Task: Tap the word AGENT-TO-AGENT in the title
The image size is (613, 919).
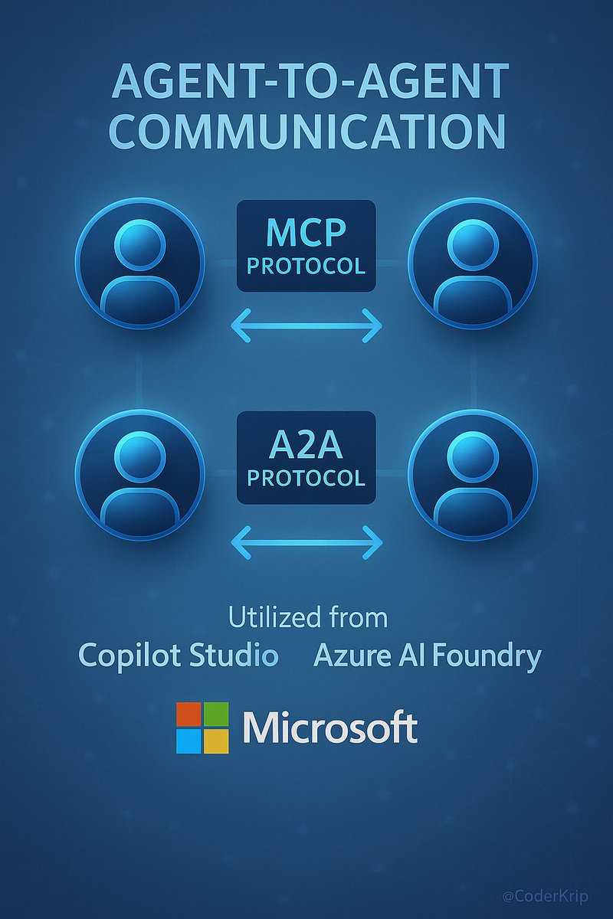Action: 310,81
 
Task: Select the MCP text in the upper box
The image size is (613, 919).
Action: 306,232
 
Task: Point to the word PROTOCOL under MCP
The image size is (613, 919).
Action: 306,267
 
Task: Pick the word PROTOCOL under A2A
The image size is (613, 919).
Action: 306,478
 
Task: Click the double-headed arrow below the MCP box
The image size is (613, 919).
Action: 306,325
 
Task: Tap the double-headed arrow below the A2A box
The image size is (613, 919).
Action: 306,543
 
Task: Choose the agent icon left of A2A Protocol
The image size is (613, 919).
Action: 139,475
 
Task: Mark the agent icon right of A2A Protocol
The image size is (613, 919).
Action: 473,475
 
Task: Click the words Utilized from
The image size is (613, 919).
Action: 308,617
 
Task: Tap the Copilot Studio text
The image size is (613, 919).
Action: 178,656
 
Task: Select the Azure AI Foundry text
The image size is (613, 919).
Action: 428,656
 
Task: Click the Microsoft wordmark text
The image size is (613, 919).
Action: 330,728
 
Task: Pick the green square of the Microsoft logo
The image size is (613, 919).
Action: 216,714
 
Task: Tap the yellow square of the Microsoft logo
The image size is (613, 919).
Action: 216,741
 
